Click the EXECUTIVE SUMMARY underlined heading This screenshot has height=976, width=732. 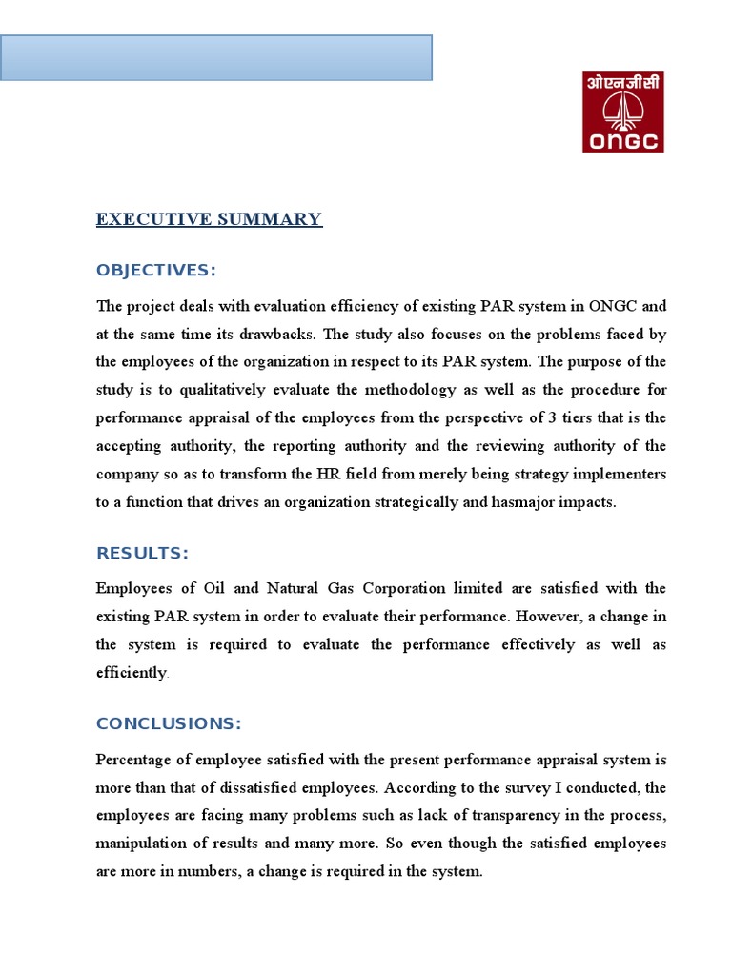(209, 219)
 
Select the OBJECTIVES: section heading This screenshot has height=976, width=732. (156, 271)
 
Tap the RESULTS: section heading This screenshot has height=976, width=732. (142, 554)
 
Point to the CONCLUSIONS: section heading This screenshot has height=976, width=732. (169, 723)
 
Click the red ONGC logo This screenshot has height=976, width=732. (622, 112)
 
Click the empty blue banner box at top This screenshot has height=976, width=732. (215, 57)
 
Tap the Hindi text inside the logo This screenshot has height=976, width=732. (622, 84)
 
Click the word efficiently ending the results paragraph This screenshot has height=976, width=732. (132, 673)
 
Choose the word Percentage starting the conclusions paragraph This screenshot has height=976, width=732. (136, 760)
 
